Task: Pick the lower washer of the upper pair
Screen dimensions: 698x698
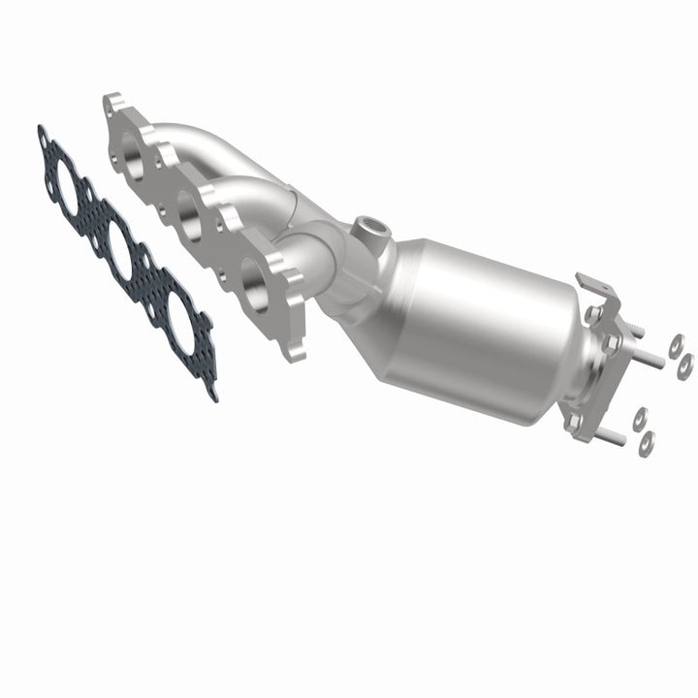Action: click(x=685, y=364)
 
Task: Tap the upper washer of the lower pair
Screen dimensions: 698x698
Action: click(x=640, y=420)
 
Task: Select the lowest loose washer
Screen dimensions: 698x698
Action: click(x=647, y=442)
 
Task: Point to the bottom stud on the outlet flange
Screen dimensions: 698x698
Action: click(x=612, y=437)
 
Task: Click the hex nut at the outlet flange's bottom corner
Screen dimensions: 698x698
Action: click(x=574, y=421)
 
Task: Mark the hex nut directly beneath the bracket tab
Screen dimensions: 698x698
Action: click(x=590, y=314)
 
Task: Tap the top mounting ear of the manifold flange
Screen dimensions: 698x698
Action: click(x=114, y=103)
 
